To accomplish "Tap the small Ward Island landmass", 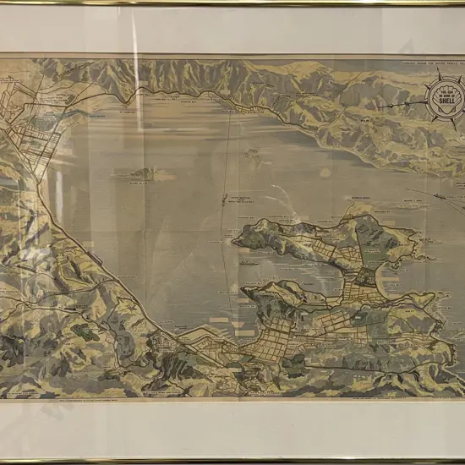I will click(x=251, y=154).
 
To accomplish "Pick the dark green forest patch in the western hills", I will click(x=85, y=332).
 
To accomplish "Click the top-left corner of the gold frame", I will click(x=3, y=3).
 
